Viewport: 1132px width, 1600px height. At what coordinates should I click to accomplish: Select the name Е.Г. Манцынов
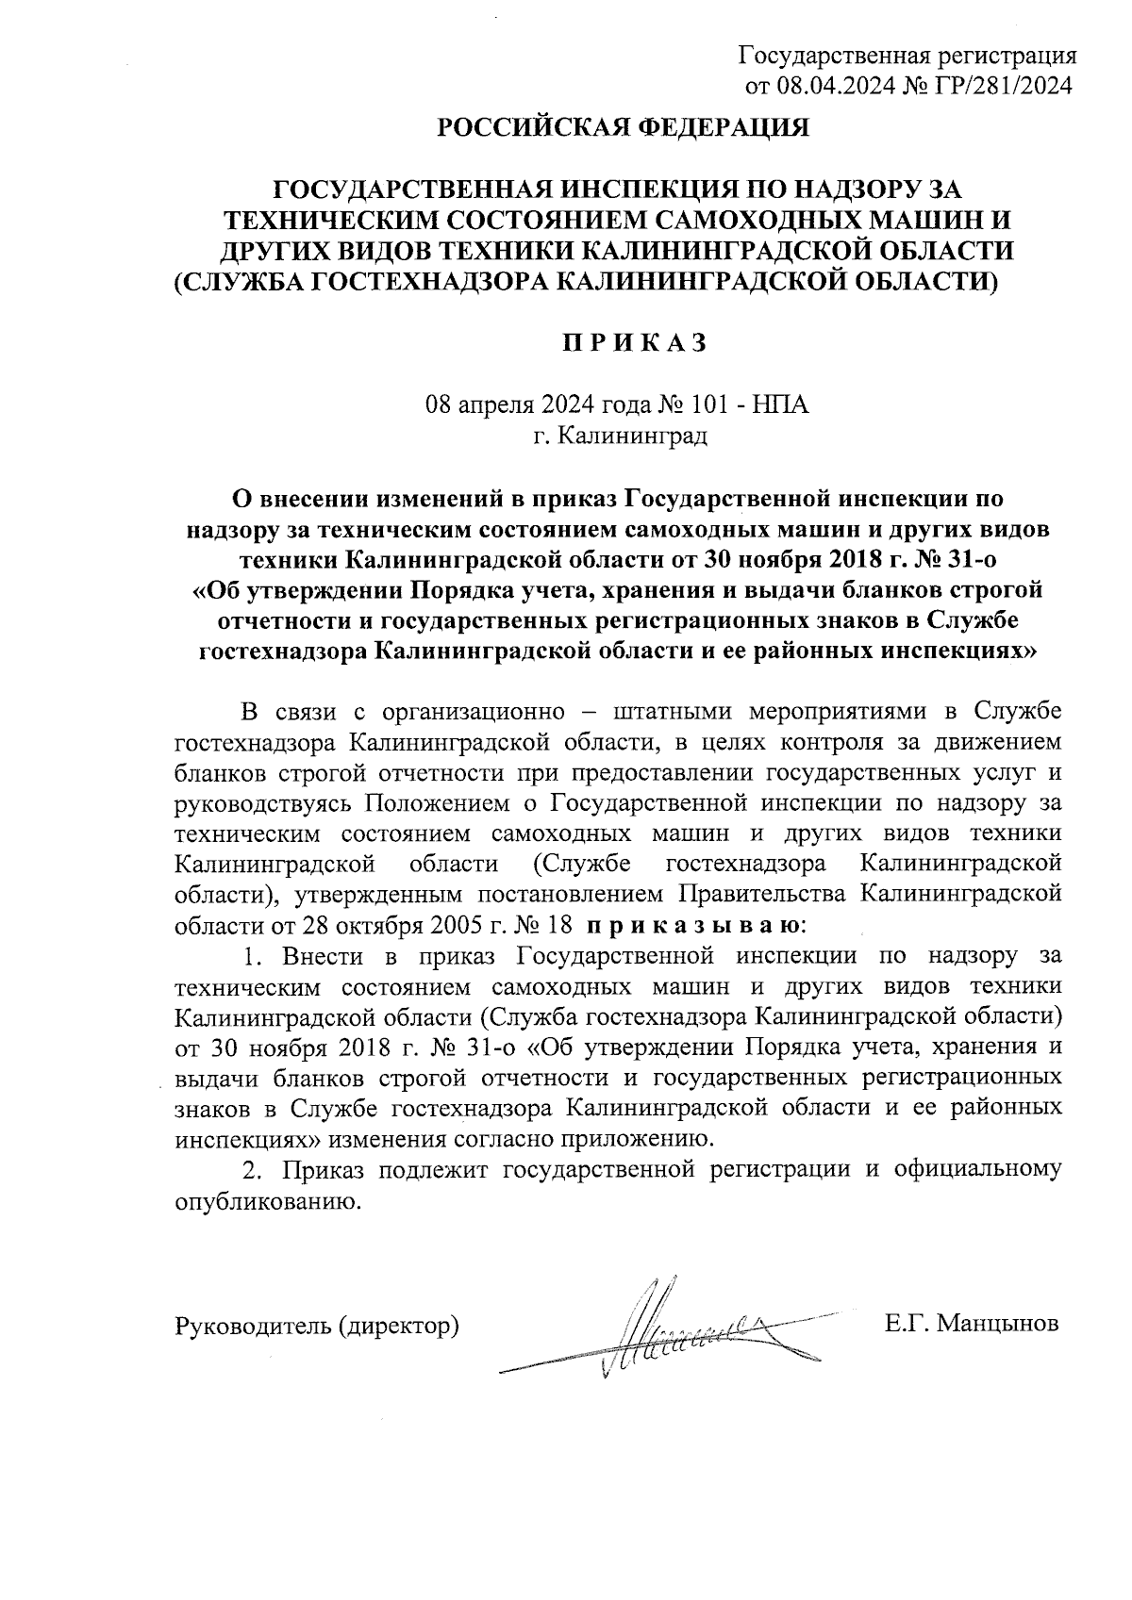coord(971,1323)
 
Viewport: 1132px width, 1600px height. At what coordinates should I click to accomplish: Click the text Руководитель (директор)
coord(318,1325)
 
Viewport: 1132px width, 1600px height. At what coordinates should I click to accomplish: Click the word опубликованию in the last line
coord(267,1202)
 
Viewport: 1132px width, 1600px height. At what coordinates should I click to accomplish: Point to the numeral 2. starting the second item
coord(251,1170)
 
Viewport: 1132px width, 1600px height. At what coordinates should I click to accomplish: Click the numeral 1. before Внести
coord(251,955)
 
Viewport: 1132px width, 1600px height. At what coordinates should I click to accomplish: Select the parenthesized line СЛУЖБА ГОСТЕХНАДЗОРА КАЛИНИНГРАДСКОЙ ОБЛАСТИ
coord(586,281)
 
